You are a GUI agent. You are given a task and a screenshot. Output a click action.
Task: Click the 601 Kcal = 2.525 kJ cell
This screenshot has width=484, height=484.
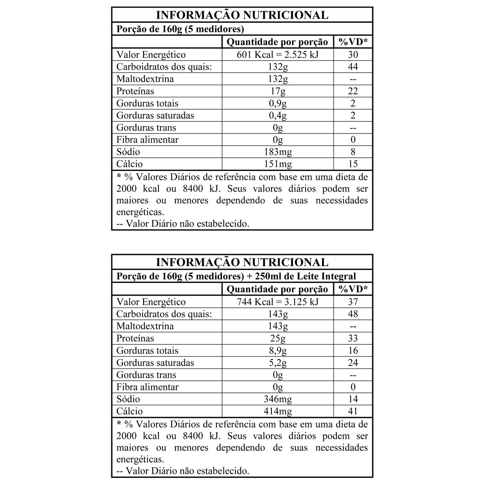tap(277, 55)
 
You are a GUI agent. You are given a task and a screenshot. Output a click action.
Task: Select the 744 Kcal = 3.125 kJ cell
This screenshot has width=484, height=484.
tap(277, 302)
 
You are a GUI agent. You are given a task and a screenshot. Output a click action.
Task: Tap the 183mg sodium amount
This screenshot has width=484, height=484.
tap(277, 152)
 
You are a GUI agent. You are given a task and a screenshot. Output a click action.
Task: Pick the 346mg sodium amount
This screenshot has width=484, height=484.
tap(277, 399)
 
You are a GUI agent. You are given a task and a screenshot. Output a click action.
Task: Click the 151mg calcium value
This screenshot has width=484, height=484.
tap(277, 164)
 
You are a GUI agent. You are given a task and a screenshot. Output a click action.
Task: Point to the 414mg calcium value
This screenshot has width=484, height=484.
tap(277, 411)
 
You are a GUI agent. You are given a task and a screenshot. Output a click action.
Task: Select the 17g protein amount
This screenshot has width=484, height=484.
tap(277, 91)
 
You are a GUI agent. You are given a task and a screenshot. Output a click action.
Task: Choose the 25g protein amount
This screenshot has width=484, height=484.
tap(277, 338)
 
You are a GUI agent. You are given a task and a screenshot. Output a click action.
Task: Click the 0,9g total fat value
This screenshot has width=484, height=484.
tap(277, 103)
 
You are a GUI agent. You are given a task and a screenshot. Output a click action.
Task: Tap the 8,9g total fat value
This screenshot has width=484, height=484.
tap(277, 350)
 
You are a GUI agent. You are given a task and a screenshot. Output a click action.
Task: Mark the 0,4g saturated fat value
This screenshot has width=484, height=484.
tap(277, 115)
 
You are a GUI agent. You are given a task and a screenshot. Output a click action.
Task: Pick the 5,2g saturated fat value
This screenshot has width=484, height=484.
tap(277, 363)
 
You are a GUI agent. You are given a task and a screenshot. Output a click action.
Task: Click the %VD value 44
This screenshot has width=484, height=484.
tap(353, 67)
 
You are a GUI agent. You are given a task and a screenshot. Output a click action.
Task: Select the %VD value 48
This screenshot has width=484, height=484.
tap(353, 314)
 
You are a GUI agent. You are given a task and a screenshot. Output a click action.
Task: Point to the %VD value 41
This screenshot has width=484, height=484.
tap(353, 411)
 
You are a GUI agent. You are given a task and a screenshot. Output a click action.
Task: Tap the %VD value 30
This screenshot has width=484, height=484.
tap(353, 55)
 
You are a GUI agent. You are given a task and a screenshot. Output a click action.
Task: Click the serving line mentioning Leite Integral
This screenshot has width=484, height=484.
tap(236, 276)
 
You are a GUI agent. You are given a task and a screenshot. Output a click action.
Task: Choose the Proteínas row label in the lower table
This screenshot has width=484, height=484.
tap(135, 338)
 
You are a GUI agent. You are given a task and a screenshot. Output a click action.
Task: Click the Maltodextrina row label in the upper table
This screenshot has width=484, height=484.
tap(145, 79)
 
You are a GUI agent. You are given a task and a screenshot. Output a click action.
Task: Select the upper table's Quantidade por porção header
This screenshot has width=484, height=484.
tap(277, 42)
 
